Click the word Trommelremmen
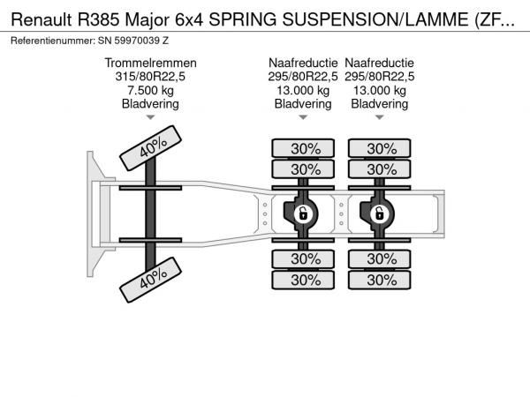150,63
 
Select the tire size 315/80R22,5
150,77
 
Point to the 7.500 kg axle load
150,90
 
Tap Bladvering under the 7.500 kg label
150,104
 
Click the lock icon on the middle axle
302,213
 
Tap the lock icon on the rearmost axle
379,213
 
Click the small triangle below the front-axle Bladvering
150,117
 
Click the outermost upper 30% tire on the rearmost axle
382,148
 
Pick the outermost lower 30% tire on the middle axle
305,280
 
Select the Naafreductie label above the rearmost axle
379,63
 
